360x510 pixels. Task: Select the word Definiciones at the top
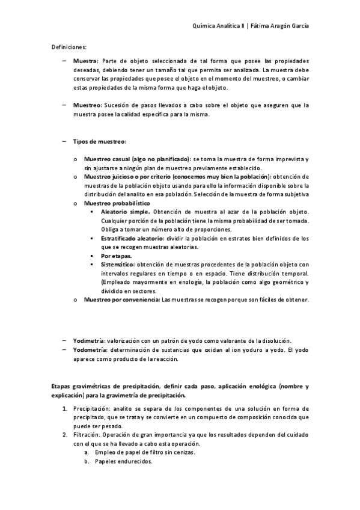pos(68,46)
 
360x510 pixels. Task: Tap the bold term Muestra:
pos(86,61)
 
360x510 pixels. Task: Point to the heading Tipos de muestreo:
pos(99,141)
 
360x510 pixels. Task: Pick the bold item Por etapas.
pos(117,256)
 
